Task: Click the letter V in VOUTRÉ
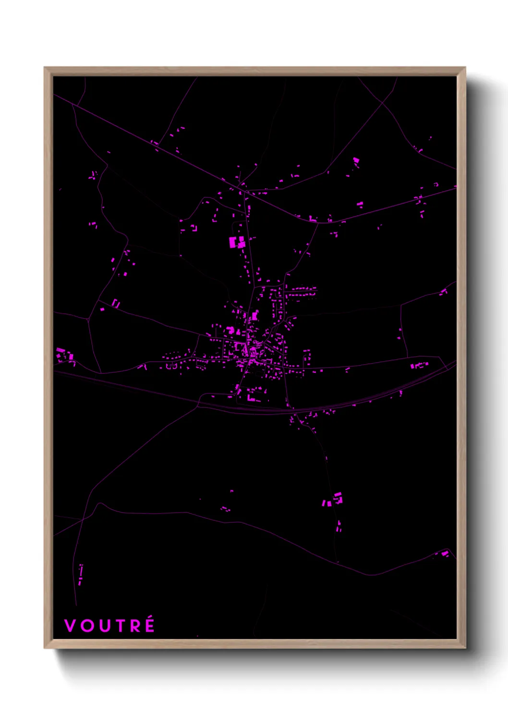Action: (x=70, y=625)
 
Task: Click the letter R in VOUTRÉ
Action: (x=135, y=625)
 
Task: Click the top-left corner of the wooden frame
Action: (x=45, y=68)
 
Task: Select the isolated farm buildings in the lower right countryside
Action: (x=333, y=500)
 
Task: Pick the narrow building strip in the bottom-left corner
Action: (x=80, y=574)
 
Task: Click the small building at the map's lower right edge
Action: (x=445, y=554)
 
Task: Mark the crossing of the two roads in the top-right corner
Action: (x=383, y=102)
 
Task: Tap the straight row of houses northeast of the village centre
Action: (x=301, y=290)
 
